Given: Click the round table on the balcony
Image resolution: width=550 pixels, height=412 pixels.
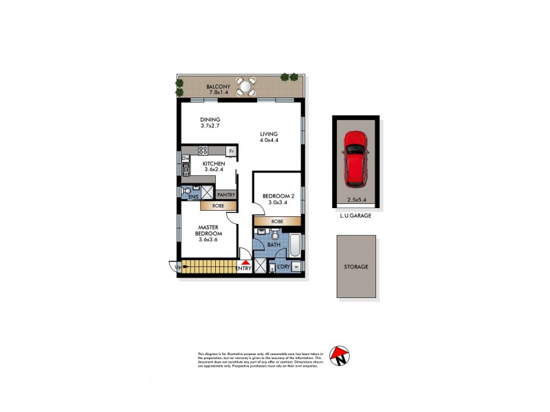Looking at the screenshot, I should [x=245, y=87].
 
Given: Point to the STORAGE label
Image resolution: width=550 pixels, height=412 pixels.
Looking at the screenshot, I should [x=356, y=266].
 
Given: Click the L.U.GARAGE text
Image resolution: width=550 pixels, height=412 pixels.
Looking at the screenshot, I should [x=355, y=216].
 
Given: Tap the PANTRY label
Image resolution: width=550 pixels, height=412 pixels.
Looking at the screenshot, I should [x=225, y=195].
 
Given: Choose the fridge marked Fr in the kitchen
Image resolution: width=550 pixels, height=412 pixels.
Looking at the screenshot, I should [x=232, y=150].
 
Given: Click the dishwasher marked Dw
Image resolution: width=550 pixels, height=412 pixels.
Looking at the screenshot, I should [x=185, y=159].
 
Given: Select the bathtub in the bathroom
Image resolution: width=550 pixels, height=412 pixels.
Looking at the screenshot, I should [x=295, y=245].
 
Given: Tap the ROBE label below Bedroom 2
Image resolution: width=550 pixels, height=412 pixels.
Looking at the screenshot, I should [x=277, y=222].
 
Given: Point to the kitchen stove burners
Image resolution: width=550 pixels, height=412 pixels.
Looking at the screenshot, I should [x=203, y=150].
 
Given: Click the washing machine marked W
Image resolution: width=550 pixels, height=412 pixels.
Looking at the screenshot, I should [x=296, y=267].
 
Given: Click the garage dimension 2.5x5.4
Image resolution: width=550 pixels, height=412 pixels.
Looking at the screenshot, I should [x=355, y=201].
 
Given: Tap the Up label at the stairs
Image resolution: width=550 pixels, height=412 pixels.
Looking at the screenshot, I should [x=179, y=267].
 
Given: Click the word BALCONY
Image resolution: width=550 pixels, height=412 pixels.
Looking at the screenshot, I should [x=218, y=86].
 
